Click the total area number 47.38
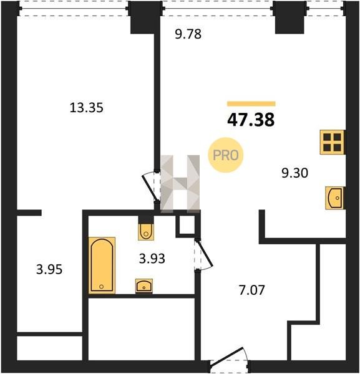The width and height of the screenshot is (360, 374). [251, 120]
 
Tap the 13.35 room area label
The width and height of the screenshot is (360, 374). [87, 108]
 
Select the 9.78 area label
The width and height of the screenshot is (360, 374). [188, 34]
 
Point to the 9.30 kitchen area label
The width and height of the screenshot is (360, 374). [294, 173]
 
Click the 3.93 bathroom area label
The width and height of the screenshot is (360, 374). [152, 259]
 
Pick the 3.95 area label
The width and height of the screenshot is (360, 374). [49, 269]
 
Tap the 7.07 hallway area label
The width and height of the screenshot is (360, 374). [252, 290]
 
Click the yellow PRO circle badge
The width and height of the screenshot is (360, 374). [226, 155]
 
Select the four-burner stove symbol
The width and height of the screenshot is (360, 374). [332, 142]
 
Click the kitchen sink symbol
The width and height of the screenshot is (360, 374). [334, 198]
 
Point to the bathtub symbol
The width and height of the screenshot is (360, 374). [102, 266]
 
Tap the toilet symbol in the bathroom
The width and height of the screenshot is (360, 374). [146, 232]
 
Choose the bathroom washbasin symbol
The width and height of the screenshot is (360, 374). [144, 285]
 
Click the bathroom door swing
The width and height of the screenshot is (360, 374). [203, 254]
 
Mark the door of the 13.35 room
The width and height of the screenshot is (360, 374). [150, 187]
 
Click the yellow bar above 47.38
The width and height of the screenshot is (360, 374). [251, 103]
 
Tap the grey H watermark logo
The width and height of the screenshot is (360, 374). [180, 184]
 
